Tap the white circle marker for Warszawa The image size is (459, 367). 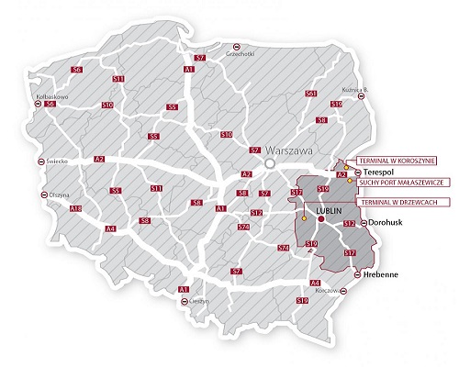click(x=270, y=161)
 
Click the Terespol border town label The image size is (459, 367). click(x=377, y=172)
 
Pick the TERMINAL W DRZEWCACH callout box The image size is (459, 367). click(x=395, y=202)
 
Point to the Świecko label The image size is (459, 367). click(x=60, y=161)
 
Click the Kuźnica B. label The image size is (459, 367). click(x=354, y=89)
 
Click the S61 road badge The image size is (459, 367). click(x=311, y=94)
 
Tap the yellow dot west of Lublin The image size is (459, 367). click(x=302, y=219)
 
